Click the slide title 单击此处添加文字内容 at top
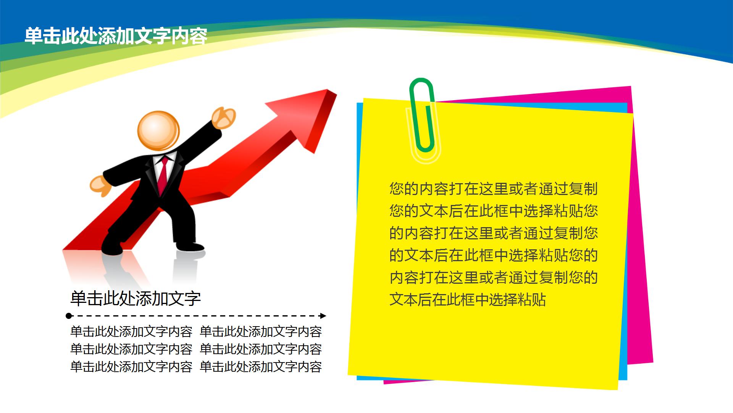click(x=116, y=36)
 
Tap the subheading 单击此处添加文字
click(x=136, y=299)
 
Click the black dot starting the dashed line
click(x=69, y=316)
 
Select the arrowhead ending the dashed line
click(x=323, y=316)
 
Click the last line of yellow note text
click(x=468, y=299)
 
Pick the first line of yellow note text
click(x=494, y=189)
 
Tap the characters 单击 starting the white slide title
click(x=42, y=36)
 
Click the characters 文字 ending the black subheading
click(x=185, y=299)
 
